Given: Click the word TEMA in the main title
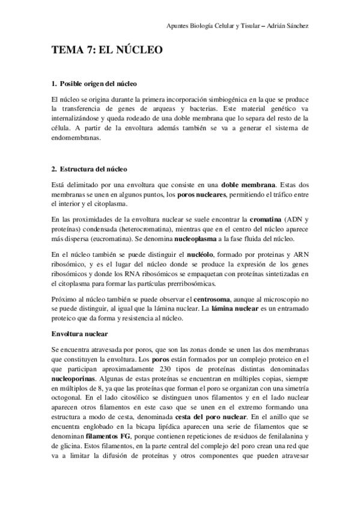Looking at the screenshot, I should [66, 51].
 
